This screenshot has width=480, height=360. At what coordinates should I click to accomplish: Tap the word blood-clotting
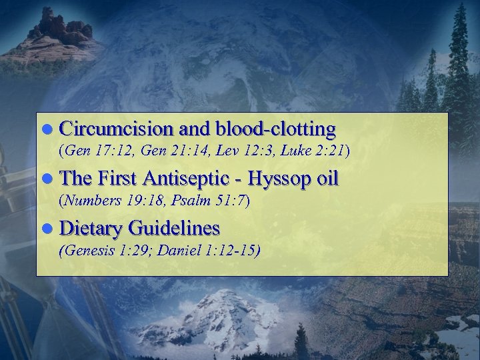pyautogui.click(x=275, y=129)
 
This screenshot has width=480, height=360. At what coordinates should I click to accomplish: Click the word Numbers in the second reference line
pyautogui.click(x=90, y=199)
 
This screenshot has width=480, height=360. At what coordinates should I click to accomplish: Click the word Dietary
pyautogui.click(x=89, y=229)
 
